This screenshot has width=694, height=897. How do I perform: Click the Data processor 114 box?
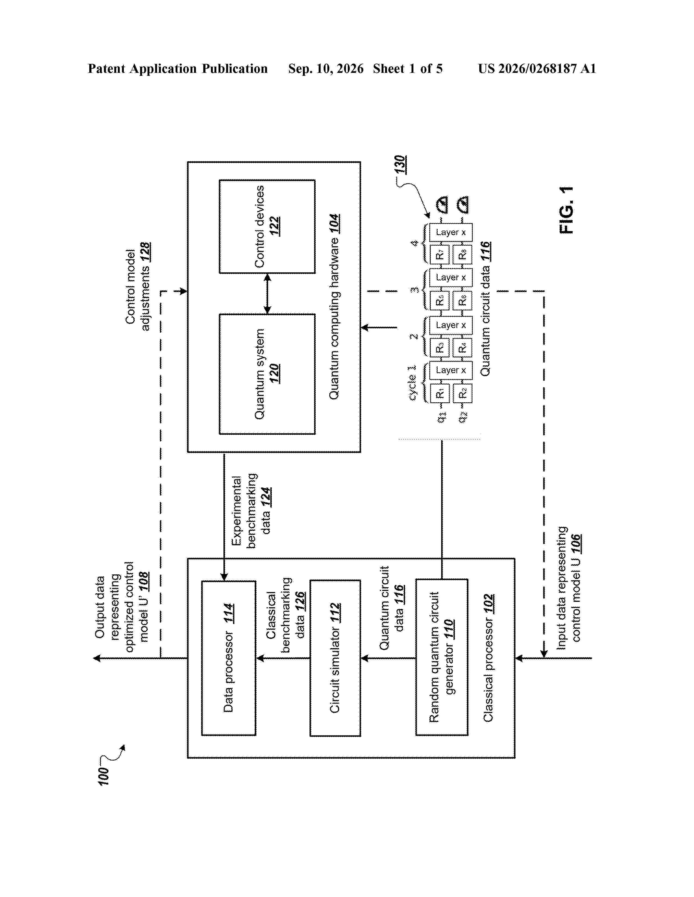229,658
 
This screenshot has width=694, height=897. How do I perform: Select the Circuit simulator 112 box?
335,658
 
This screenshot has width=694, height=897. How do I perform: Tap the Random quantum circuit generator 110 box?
441,657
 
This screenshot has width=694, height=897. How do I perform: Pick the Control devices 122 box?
267,227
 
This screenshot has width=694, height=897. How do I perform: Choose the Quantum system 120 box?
267,374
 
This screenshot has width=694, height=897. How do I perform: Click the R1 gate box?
440,394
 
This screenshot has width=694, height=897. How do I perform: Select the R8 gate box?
462,255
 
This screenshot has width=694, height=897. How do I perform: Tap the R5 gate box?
440,300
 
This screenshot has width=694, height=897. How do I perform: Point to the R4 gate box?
462,347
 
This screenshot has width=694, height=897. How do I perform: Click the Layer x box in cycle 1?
451,370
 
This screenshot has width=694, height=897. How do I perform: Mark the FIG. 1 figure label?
567,210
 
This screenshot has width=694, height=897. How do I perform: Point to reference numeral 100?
104,777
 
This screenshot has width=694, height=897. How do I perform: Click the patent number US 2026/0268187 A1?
537,68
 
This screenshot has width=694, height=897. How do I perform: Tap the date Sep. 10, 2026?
325,68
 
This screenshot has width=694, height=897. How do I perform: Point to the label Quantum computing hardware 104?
334,306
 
